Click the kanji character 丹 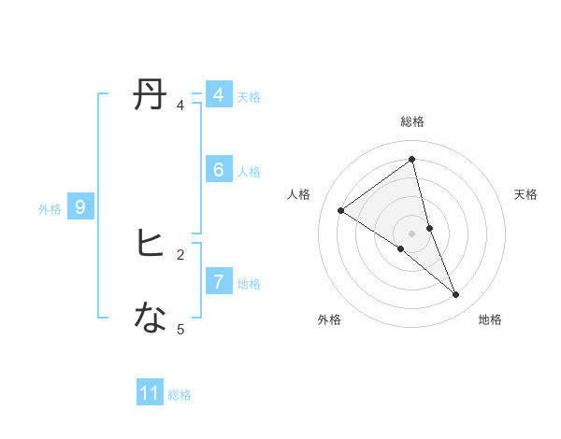[x=151, y=94]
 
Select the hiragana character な [x=151, y=319]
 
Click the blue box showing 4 [x=218, y=95]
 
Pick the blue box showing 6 [x=218, y=170]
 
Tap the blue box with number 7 [x=218, y=281]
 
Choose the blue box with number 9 [x=80, y=207]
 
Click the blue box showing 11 [x=150, y=393]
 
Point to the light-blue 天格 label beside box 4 [x=249, y=97]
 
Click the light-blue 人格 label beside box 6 [x=249, y=172]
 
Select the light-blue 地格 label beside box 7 [x=249, y=284]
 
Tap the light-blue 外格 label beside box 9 [x=50, y=210]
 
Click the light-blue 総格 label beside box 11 [x=180, y=396]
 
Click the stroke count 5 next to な [x=180, y=329]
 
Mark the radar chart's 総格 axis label [x=411, y=122]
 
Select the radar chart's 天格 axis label [x=525, y=194]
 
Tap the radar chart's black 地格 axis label [x=490, y=320]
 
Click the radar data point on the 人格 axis [x=340, y=210]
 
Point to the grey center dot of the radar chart [x=411, y=233]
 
